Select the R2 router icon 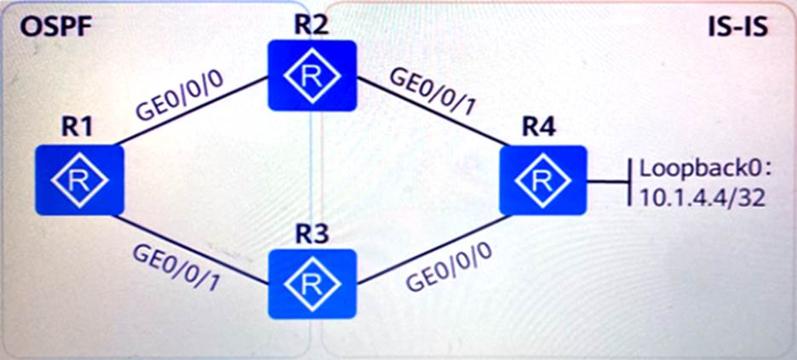point(311,75)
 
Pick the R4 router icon point(543,179)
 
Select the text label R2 point(312,24)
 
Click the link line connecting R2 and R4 point(426,115)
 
